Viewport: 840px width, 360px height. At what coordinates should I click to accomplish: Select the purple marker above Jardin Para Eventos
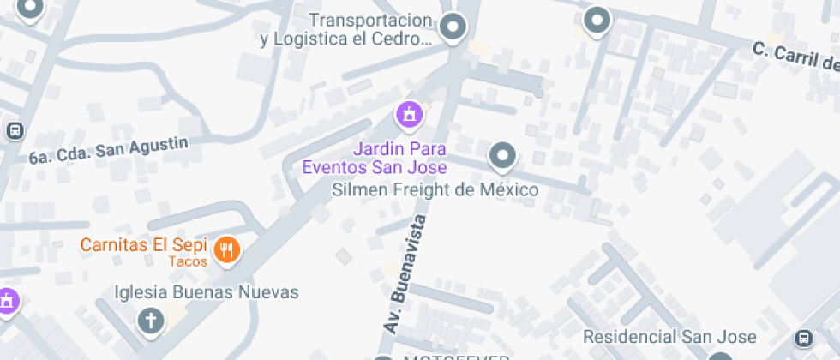click(x=409, y=112)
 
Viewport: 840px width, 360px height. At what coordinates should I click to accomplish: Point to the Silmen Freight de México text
click(x=435, y=189)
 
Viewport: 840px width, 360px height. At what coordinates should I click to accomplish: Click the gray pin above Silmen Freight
click(x=502, y=155)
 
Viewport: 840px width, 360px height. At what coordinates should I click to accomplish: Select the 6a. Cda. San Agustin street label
click(x=108, y=151)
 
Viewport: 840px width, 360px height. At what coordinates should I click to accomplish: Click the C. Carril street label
click(x=795, y=57)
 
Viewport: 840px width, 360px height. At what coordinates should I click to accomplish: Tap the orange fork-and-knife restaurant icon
click(x=227, y=249)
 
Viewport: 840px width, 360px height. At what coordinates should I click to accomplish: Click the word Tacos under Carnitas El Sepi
click(x=188, y=261)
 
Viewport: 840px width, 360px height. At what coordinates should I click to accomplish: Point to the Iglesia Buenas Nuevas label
click(x=207, y=292)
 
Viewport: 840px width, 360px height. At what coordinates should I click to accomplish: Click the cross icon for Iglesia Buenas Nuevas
click(x=151, y=321)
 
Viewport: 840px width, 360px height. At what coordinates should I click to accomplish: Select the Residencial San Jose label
click(x=669, y=337)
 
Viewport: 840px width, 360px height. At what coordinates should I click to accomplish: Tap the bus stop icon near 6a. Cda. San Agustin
click(x=15, y=130)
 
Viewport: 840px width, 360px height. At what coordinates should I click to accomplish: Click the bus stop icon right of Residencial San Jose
click(x=804, y=338)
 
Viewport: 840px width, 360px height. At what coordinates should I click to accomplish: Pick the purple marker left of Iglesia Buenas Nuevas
click(x=7, y=301)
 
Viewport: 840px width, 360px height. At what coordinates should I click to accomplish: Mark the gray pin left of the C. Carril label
click(x=596, y=19)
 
